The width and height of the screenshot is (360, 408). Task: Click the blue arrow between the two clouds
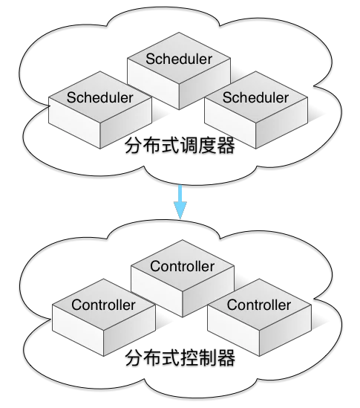[x=180, y=201]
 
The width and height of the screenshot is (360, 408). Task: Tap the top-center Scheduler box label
[x=179, y=59]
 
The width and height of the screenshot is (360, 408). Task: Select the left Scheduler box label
[x=99, y=97]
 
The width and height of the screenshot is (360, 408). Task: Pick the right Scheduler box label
[x=255, y=97]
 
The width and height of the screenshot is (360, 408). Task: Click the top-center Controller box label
[x=182, y=266]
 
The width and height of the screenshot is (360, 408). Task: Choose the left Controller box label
[x=103, y=305]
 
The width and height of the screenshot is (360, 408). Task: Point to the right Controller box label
[x=259, y=305]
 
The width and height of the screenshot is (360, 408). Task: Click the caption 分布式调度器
[x=180, y=146]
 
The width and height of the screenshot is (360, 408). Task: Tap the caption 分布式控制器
[x=180, y=358]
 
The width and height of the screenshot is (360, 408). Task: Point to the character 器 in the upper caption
[x=226, y=146]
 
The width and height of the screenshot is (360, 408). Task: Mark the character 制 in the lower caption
[x=208, y=358]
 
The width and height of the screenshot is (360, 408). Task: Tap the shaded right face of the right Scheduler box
[x=282, y=123]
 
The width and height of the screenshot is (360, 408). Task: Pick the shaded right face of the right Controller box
[x=285, y=331]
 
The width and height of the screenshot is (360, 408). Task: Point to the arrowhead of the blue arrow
[x=180, y=210]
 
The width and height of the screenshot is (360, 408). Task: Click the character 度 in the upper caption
[x=208, y=146]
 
